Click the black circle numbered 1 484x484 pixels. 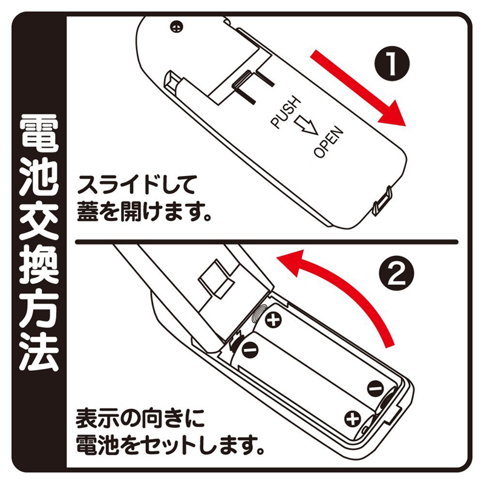click(392, 64)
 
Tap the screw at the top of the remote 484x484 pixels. click(176, 27)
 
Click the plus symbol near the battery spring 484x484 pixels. click(273, 320)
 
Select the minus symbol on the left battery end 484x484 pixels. click(249, 350)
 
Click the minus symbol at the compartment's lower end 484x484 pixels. click(376, 388)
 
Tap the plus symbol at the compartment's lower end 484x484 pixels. click(353, 419)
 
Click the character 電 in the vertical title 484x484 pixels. click(39, 134)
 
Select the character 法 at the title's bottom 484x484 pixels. click(39, 352)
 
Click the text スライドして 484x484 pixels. click(137, 185)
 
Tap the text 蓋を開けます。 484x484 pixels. click(144, 212)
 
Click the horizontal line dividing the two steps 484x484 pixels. click(267, 241)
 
